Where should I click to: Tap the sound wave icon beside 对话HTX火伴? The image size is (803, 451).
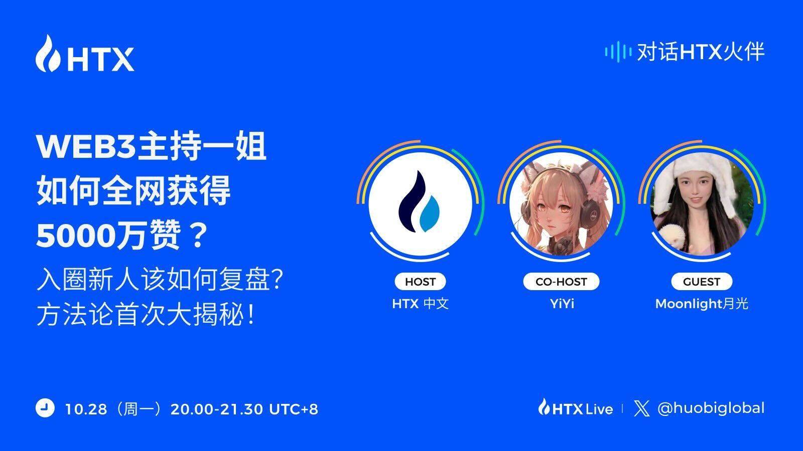618,52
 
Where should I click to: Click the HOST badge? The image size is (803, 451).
420,282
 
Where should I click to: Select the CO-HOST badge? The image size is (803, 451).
561,282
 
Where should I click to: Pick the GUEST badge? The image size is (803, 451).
702,282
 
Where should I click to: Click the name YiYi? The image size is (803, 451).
562,304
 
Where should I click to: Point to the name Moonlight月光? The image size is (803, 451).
702,304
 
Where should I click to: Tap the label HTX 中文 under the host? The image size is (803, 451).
420,304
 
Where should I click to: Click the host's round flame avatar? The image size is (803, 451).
420,203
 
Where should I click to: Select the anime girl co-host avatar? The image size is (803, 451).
561,203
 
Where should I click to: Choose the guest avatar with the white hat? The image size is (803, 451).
702,203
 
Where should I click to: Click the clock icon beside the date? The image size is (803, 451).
45,408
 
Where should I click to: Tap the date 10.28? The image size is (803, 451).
86,409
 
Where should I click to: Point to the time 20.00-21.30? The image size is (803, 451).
217,409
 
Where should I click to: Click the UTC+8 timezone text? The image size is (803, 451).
294,409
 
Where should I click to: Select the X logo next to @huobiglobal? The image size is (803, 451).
642,408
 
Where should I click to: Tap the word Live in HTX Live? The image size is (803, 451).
599,409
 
